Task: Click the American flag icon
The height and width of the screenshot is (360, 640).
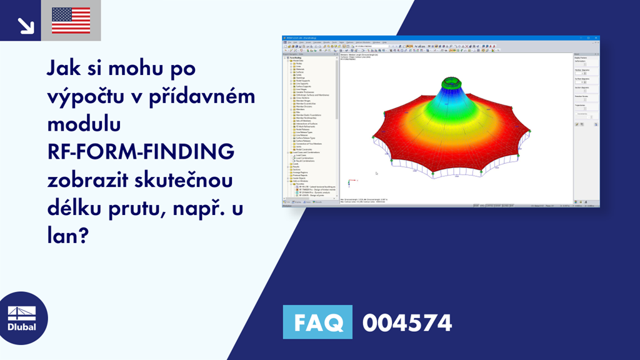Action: (71, 21)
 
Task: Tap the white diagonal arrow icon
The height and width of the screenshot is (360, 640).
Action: (26, 24)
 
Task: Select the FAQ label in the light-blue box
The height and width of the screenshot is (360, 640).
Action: (317, 322)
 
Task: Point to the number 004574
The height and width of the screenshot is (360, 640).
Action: (407, 322)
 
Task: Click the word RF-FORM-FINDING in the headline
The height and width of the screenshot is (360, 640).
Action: (141, 152)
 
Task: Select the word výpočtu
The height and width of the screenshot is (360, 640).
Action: (79, 96)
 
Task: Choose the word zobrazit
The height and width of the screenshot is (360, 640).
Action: (96, 181)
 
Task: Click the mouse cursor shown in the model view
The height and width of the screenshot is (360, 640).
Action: (376, 174)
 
